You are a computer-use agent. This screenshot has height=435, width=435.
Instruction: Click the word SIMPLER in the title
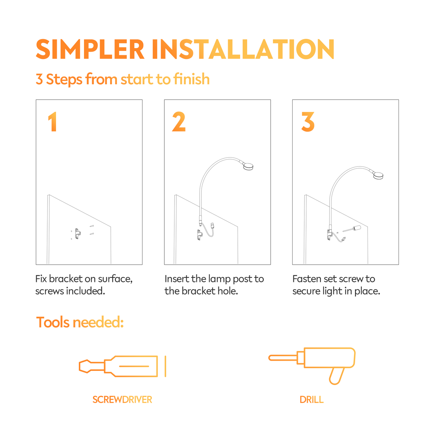coord(90,49)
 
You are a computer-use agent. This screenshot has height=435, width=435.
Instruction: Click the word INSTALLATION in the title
coord(243,49)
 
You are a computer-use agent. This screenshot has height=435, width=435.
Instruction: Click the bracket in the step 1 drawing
coord(78,234)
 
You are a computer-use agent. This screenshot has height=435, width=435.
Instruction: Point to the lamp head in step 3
coord(378,176)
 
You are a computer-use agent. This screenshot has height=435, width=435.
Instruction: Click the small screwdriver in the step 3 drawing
coord(352,229)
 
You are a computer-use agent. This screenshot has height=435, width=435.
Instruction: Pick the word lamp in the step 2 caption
coord(219,279)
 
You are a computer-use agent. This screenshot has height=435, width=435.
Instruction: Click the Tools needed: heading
coord(80,322)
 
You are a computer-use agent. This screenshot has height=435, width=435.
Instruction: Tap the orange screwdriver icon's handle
coord(131,366)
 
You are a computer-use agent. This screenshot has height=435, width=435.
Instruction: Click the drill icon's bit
coord(283,358)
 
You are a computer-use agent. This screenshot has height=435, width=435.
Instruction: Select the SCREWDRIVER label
coord(122,399)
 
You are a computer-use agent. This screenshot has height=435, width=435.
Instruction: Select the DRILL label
coord(312,399)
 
